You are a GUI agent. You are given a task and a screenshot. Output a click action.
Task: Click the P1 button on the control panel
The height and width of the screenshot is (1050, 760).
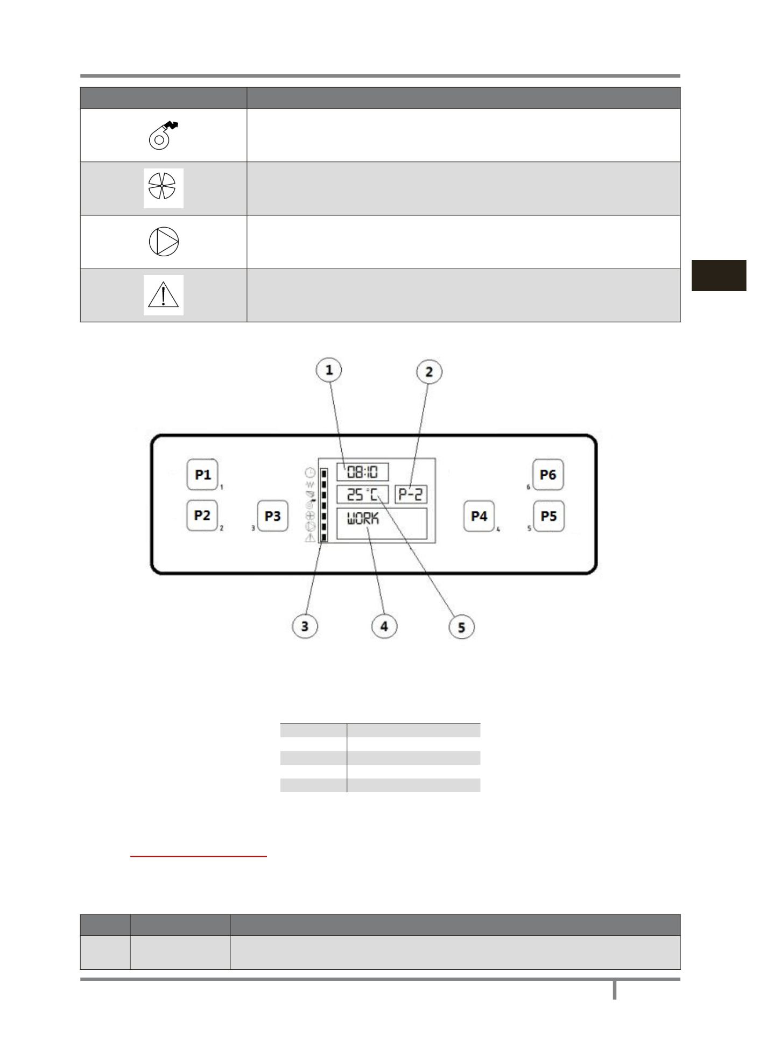pyautogui.click(x=202, y=474)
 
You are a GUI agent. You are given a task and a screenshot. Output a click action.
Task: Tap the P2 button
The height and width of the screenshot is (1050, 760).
pyautogui.click(x=202, y=515)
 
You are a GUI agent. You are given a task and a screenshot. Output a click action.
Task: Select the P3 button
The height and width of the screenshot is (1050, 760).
pyautogui.click(x=272, y=516)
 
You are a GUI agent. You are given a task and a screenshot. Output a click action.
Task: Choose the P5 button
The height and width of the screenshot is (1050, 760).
pyautogui.click(x=548, y=516)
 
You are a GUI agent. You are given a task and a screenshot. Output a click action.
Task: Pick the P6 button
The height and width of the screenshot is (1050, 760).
pyautogui.click(x=548, y=475)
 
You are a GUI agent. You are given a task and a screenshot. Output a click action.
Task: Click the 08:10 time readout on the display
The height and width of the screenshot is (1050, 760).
pyautogui.click(x=362, y=472)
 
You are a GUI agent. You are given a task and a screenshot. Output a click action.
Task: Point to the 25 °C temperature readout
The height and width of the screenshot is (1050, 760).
pyautogui.click(x=362, y=494)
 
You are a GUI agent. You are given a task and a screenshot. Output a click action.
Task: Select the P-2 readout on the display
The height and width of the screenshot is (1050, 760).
pyautogui.click(x=411, y=494)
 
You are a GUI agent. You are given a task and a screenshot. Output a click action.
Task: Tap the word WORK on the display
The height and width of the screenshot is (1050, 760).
pyautogui.click(x=363, y=518)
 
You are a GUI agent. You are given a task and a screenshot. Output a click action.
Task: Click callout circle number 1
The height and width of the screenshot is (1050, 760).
pyautogui.click(x=329, y=370)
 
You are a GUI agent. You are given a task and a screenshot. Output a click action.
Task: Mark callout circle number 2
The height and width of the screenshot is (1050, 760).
pyautogui.click(x=429, y=371)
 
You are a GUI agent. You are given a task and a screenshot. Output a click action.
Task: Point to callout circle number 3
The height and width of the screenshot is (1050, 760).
pyautogui.click(x=305, y=626)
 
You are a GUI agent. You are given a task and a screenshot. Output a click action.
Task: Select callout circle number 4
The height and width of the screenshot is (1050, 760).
pyautogui.click(x=384, y=626)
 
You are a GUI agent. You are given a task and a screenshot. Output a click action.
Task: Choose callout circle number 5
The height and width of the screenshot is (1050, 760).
pyautogui.click(x=462, y=627)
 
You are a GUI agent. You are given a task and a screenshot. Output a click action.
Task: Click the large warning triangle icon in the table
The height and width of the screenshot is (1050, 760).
pyautogui.click(x=164, y=295)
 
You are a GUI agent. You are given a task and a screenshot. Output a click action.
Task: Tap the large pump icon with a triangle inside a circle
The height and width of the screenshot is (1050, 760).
pyautogui.click(x=164, y=242)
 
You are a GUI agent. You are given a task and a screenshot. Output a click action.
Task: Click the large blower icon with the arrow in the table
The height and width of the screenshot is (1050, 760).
pyautogui.click(x=163, y=135)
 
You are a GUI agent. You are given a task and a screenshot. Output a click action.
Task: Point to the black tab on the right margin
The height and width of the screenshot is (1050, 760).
pyautogui.click(x=719, y=276)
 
